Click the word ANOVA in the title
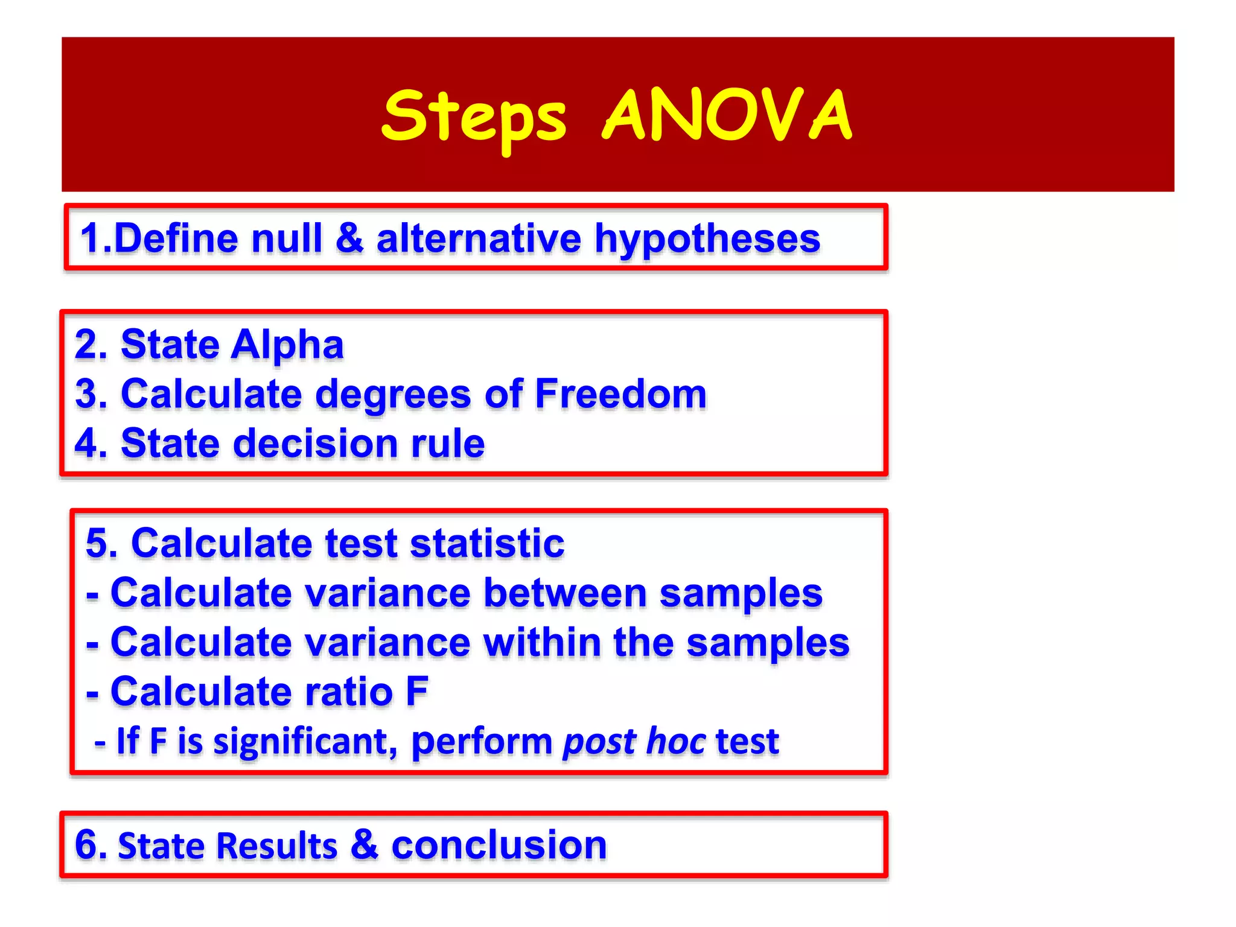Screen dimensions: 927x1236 (727, 115)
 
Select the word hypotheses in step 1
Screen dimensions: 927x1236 (707, 239)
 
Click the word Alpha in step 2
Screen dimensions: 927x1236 (287, 345)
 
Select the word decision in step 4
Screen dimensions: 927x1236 (316, 444)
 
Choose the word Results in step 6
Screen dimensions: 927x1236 (228, 846)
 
